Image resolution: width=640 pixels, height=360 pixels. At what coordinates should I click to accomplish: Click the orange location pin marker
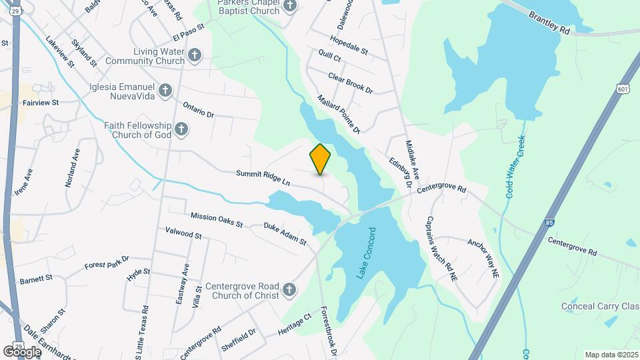pyautogui.click(x=321, y=159)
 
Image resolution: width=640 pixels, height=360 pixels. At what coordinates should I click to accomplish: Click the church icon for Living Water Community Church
pyautogui.click(x=194, y=55)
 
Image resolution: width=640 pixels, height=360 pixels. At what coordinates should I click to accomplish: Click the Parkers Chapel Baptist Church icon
pyautogui.click(x=289, y=6)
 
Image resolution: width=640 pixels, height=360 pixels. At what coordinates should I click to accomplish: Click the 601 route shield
pyautogui.click(x=622, y=89)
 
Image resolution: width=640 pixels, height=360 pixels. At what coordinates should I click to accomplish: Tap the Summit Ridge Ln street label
pyautogui.click(x=263, y=177)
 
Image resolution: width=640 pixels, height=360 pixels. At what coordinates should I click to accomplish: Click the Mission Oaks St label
pyautogui.click(x=217, y=219)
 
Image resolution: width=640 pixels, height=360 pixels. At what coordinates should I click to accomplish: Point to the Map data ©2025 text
pyautogui.click(x=611, y=355)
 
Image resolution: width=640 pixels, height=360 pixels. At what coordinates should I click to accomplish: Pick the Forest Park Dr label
pyautogui.click(x=106, y=262)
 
